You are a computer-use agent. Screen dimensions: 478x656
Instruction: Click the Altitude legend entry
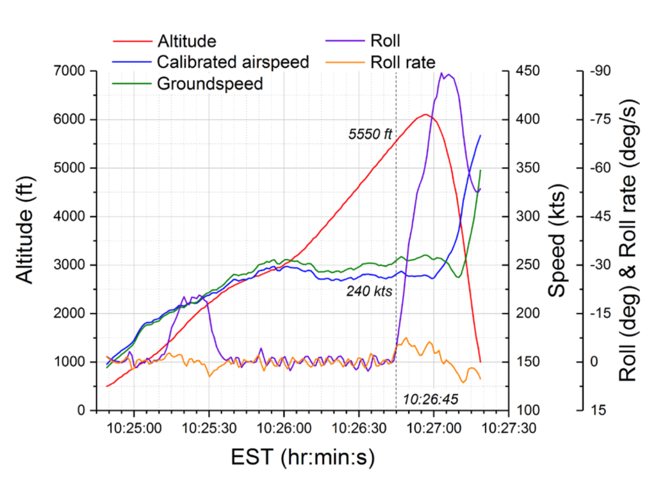(x=186, y=41)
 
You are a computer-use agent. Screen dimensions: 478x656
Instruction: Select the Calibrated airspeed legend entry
(x=233, y=62)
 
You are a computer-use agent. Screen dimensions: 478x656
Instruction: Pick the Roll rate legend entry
(x=402, y=62)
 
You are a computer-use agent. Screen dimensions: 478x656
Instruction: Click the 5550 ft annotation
(x=370, y=136)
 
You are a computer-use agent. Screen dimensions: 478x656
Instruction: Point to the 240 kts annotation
(x=369, y=291)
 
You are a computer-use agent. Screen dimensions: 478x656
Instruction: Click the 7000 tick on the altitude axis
(x=71, y=71)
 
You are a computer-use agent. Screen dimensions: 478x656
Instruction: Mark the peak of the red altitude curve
(x=425, y=115)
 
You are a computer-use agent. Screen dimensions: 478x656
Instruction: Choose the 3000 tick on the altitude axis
(x=71, y=265)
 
